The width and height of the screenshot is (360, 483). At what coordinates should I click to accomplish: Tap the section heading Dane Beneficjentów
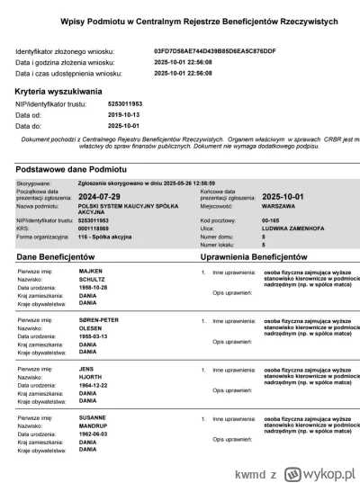point(63,257)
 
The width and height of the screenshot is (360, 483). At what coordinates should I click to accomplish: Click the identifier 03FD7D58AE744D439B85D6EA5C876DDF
point(215,51)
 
